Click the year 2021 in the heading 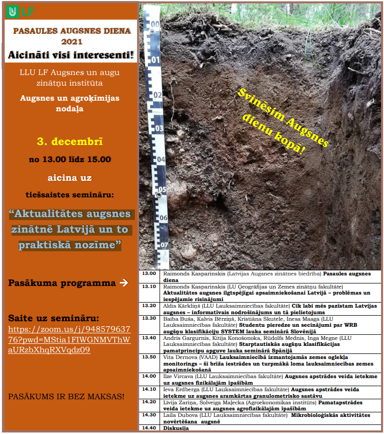click(72, 42)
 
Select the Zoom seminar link click(69, 339)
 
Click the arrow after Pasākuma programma click(124, 283)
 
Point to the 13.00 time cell click(149, 274)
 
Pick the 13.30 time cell click(149, 319)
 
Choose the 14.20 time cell click(149, 402)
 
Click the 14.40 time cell click(149, 428)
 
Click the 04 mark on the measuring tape click(160, 160)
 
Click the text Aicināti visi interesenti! click(71, 55)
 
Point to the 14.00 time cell click(149, 376)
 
